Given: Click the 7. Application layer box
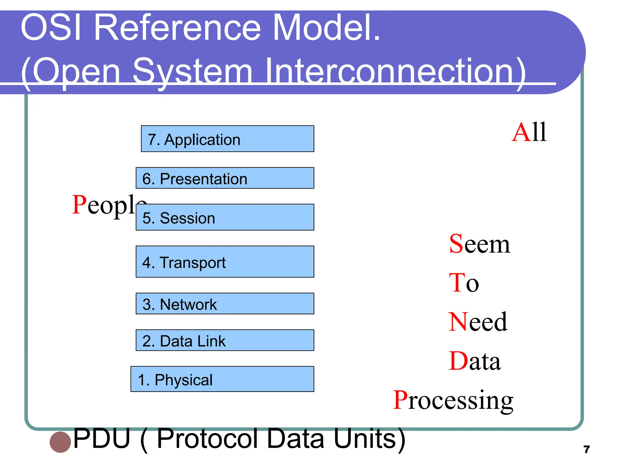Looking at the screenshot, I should point(227,139).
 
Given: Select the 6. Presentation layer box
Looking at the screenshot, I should point(225,178).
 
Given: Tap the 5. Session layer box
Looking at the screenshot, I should point(225,217).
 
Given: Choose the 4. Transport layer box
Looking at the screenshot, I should point(225,262).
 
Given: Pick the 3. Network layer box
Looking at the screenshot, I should point(225,304).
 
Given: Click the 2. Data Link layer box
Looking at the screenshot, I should point(225,340).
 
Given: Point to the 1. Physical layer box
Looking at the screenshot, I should point(222,379).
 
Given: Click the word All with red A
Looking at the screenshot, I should point(529,132).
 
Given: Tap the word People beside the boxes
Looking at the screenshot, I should point(104,205).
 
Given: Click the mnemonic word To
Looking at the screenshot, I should point(464,283).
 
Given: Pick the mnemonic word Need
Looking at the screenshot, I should point(477,322).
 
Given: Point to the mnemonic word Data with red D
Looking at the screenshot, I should point(474,361).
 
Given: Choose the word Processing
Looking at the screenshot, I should point(453,400).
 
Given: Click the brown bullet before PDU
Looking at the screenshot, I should point(60,442).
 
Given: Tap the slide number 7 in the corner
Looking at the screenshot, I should point(587,450).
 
